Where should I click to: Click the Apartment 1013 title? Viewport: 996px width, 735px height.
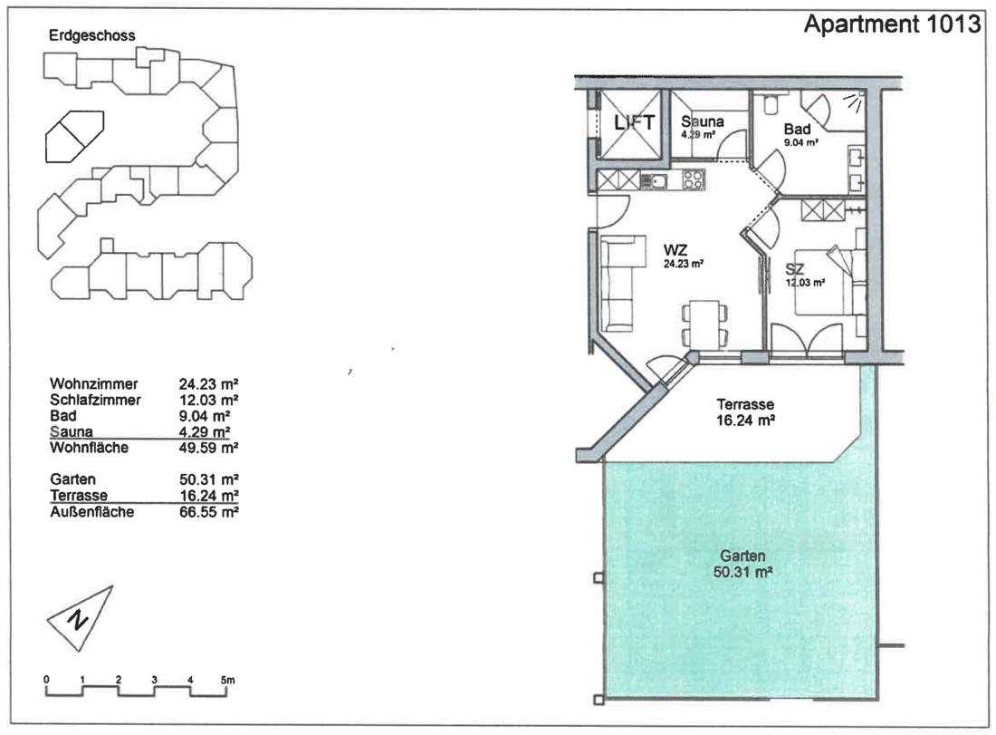(x=893, y=24)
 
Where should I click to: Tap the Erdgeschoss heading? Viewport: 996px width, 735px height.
(x=92, y=35)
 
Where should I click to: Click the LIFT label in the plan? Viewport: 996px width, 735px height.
(x=634, y=122)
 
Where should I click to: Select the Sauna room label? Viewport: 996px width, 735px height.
(x=702, y=121)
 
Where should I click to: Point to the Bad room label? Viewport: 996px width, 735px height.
(x=797, y=129)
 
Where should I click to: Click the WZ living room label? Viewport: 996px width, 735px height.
(x=675, y=250)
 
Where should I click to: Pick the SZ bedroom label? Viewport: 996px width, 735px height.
(x=795, y=269)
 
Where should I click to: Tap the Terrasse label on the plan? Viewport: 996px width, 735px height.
(x=745, y=404)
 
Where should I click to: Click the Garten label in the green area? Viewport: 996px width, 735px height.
(x=742, y=556)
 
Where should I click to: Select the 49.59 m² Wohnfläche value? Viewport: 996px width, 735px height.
(x=208, y=448)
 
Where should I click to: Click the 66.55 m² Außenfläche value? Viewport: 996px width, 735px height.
(x=208, y=512)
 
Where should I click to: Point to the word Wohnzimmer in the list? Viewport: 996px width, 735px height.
(x=94, y=384)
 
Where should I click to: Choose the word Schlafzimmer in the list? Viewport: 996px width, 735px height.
(x=95, y=400)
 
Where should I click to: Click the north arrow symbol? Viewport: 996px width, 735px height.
(x=80, y=618)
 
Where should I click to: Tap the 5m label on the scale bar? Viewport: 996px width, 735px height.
(x=227, y=680)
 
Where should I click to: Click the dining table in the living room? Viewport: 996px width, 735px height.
(x=704, y=324)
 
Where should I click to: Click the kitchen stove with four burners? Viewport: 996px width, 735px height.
(x=693, y=179)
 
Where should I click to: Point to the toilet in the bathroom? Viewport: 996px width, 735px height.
(x=771, y=104)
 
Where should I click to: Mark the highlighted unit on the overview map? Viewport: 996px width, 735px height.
(x=74, y=136)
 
